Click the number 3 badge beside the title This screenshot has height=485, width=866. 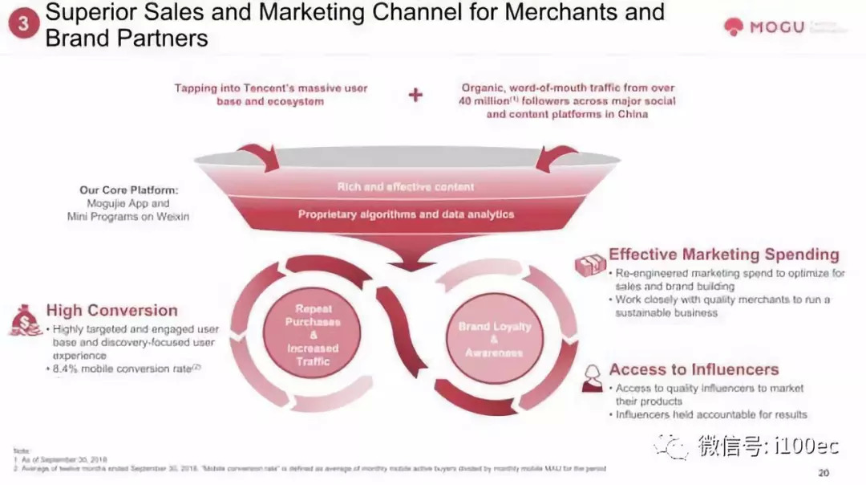(x=23, y=24)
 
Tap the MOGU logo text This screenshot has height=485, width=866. (x=776, y=27)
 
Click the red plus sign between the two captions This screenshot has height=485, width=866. (x=415, y=96)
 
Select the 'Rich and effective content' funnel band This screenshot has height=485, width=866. (x=406, y=187)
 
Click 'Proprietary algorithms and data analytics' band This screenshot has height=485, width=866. (x=406, y=214)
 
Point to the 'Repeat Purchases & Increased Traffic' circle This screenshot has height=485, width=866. (x=313, y=335)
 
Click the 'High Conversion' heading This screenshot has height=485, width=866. (x=111, y=311)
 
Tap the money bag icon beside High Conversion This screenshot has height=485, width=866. (x=26, y=320)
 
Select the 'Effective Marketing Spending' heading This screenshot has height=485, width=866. (x=723, y=255)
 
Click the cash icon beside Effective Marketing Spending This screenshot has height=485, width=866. (x=590, y=265)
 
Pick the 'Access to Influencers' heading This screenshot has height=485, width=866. (x=694, y=369)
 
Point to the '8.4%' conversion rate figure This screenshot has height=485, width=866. (x=67, y=369)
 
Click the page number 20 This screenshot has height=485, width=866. (x=824, y=471)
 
